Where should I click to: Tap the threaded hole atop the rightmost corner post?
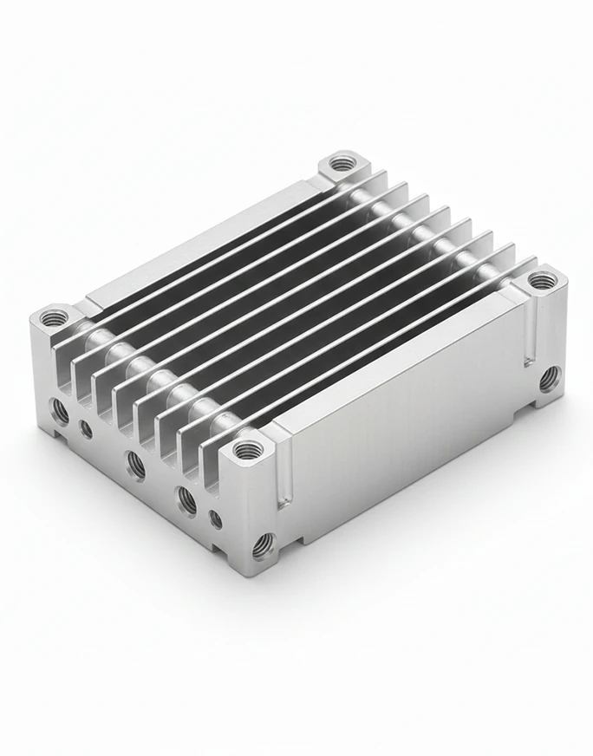click(542, 280)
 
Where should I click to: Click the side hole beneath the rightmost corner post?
click(548, 378)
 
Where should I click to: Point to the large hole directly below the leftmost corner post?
click(60, 412)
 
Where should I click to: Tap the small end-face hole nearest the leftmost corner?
click(85, 427)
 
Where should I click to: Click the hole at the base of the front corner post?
click(260, 544)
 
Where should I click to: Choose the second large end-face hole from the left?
click(135, 464)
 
